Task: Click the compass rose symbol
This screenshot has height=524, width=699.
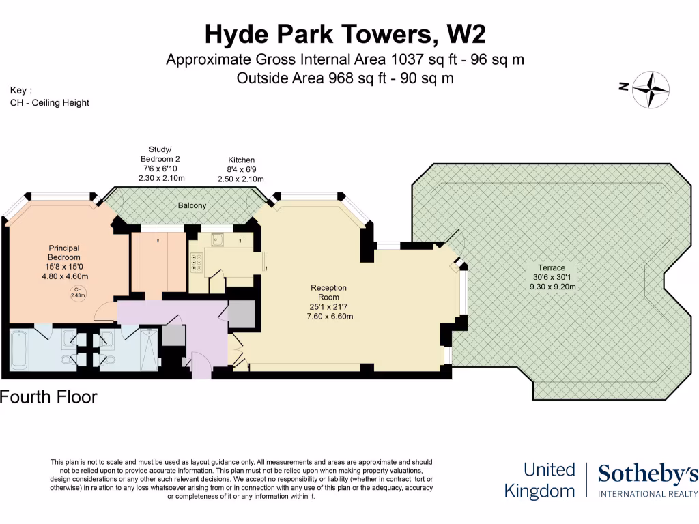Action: [x=651, y=89]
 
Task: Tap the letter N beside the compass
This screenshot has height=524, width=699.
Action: [x=623, y=87]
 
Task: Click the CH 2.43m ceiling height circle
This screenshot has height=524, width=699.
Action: [x=77, y=294]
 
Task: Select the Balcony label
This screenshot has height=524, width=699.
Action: [x=192, y=205]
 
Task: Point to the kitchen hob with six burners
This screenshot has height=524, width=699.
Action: [x=197, y=263]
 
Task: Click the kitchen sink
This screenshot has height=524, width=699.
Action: [x=218, y=239]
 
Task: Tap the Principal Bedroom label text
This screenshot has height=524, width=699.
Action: [x=63, y=252]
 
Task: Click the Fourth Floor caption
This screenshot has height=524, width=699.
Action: [x=48, y=396]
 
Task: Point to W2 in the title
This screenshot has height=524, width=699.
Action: [x=467, y=33]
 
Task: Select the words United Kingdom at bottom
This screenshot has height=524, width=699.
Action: [x=539, y=480]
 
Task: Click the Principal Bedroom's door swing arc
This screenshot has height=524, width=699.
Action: [x=102, y=312]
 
